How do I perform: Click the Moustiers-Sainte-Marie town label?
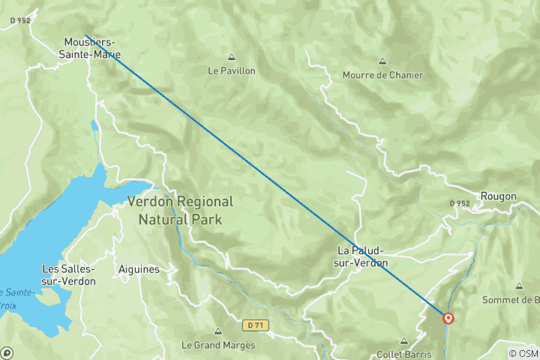(x=89, y=49)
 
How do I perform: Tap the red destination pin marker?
(x=448, y=318)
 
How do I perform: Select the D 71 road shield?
(x=254, y=325)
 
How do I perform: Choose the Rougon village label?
(x=498, y=196)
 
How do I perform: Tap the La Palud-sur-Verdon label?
(x=363, y=256)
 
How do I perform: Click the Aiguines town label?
(x=137, y=268)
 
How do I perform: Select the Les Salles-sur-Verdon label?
(x=68, y=274)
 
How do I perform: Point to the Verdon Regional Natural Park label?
(x=180, y=210)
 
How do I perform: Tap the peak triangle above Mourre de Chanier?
(x=382, y=61)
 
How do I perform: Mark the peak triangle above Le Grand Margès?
(x=218, y=331)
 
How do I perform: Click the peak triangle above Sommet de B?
(x=519, y=286)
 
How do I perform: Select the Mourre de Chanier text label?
(x=382, y=75)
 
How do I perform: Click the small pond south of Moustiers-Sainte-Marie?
(x=94, y=125)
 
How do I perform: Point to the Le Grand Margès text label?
(x=218, y=346)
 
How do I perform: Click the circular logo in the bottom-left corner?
(x=7, y=352)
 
